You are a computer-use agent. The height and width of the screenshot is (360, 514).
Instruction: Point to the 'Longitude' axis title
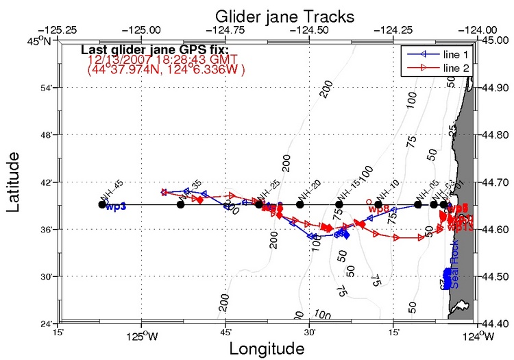pyautogui.click(x=267, y=348)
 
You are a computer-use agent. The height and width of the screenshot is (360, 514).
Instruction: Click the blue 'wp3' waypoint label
pyautogui.click(x=116, y=206)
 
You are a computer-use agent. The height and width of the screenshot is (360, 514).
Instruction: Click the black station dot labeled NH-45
pyautogui.click(x=102, y=204)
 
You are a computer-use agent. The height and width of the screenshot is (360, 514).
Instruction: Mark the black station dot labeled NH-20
pyautogui.click(x=299, y=204)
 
